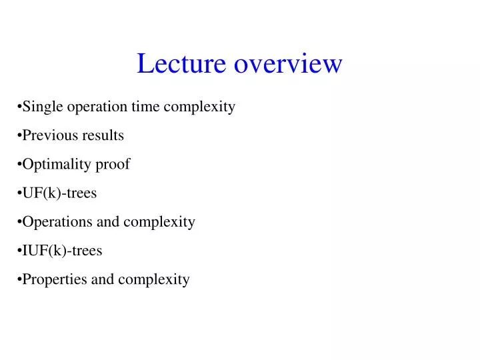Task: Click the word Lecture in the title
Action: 175,63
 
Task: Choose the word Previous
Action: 50,135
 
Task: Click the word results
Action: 103,135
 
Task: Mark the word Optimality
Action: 55,165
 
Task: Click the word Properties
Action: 55,279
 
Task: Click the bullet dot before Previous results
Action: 19,136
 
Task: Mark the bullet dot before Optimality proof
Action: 19,165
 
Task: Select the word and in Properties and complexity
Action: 103,279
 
